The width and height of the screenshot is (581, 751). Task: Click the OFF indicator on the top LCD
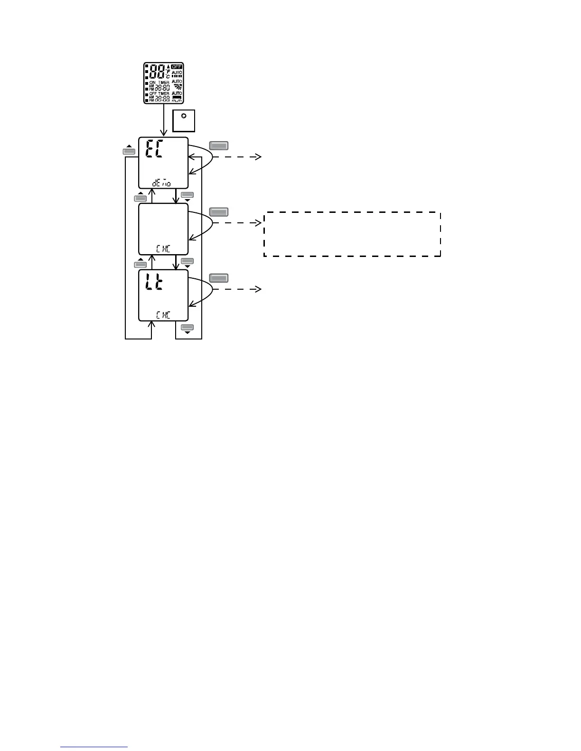coord(177,67)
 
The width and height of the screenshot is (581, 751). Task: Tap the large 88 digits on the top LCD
coord(157,73)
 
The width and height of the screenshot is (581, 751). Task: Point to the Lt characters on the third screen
coord(155,284)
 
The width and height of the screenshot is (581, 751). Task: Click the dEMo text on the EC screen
coord(162,182)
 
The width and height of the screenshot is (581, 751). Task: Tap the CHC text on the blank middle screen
coord(163,248)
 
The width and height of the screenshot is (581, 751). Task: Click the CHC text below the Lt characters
coord(163,315)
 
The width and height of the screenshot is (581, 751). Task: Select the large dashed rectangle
coord(352,234)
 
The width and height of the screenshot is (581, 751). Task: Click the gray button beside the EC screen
coord(219,146)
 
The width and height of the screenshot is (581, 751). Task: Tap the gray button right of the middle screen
coord(219,212)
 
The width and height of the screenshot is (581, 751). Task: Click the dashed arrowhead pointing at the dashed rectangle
coord(259,222)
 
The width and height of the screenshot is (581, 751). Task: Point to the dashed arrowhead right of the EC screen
coord(259,156)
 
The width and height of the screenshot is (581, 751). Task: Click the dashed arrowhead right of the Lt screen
coord(259,289)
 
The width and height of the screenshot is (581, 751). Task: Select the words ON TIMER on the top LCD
coord(159,82)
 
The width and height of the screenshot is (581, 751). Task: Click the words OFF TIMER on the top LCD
coord(159,93)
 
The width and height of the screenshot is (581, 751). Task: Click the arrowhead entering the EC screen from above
coord(164,134)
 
